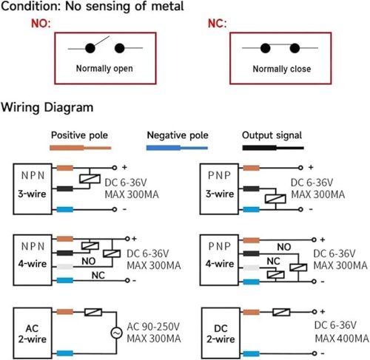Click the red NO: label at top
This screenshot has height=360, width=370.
41,24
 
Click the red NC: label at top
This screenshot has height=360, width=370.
217,24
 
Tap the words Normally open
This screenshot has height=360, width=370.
104,69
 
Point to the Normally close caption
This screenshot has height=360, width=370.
282,69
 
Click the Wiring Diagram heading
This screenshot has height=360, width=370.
47,108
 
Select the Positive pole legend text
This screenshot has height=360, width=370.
79,135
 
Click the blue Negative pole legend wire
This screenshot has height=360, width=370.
177,148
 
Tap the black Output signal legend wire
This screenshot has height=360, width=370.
273,148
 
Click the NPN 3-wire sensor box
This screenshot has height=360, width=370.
33,189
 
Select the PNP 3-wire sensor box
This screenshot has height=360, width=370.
219,189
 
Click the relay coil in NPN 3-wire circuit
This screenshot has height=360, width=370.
90,179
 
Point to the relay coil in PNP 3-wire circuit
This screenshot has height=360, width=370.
275,199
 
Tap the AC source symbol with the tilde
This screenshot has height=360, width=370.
116,333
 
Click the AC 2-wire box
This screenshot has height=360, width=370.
33,333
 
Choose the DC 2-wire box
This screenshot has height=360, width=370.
221,333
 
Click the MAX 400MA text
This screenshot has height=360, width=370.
342,339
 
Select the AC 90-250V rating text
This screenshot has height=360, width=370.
153,327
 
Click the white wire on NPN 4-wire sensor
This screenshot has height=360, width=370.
65,267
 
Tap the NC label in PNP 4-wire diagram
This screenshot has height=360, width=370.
273,261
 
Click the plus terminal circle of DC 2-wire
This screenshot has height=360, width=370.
314,312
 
